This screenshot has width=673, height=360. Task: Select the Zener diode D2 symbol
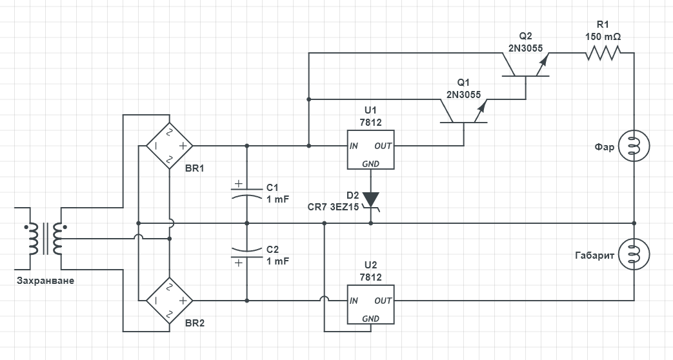[371, 199]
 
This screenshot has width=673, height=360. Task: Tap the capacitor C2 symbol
[247, 255]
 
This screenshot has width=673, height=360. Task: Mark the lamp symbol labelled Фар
[633, 146]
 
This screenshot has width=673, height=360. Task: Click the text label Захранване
[45, 281]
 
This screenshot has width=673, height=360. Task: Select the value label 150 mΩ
[603, 37]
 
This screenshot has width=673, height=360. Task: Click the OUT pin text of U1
[383, 146]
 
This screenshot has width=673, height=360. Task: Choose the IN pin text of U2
[354, 301]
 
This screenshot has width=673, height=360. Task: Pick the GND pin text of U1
[371, 164]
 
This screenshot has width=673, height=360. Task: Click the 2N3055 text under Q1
[463, 94]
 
